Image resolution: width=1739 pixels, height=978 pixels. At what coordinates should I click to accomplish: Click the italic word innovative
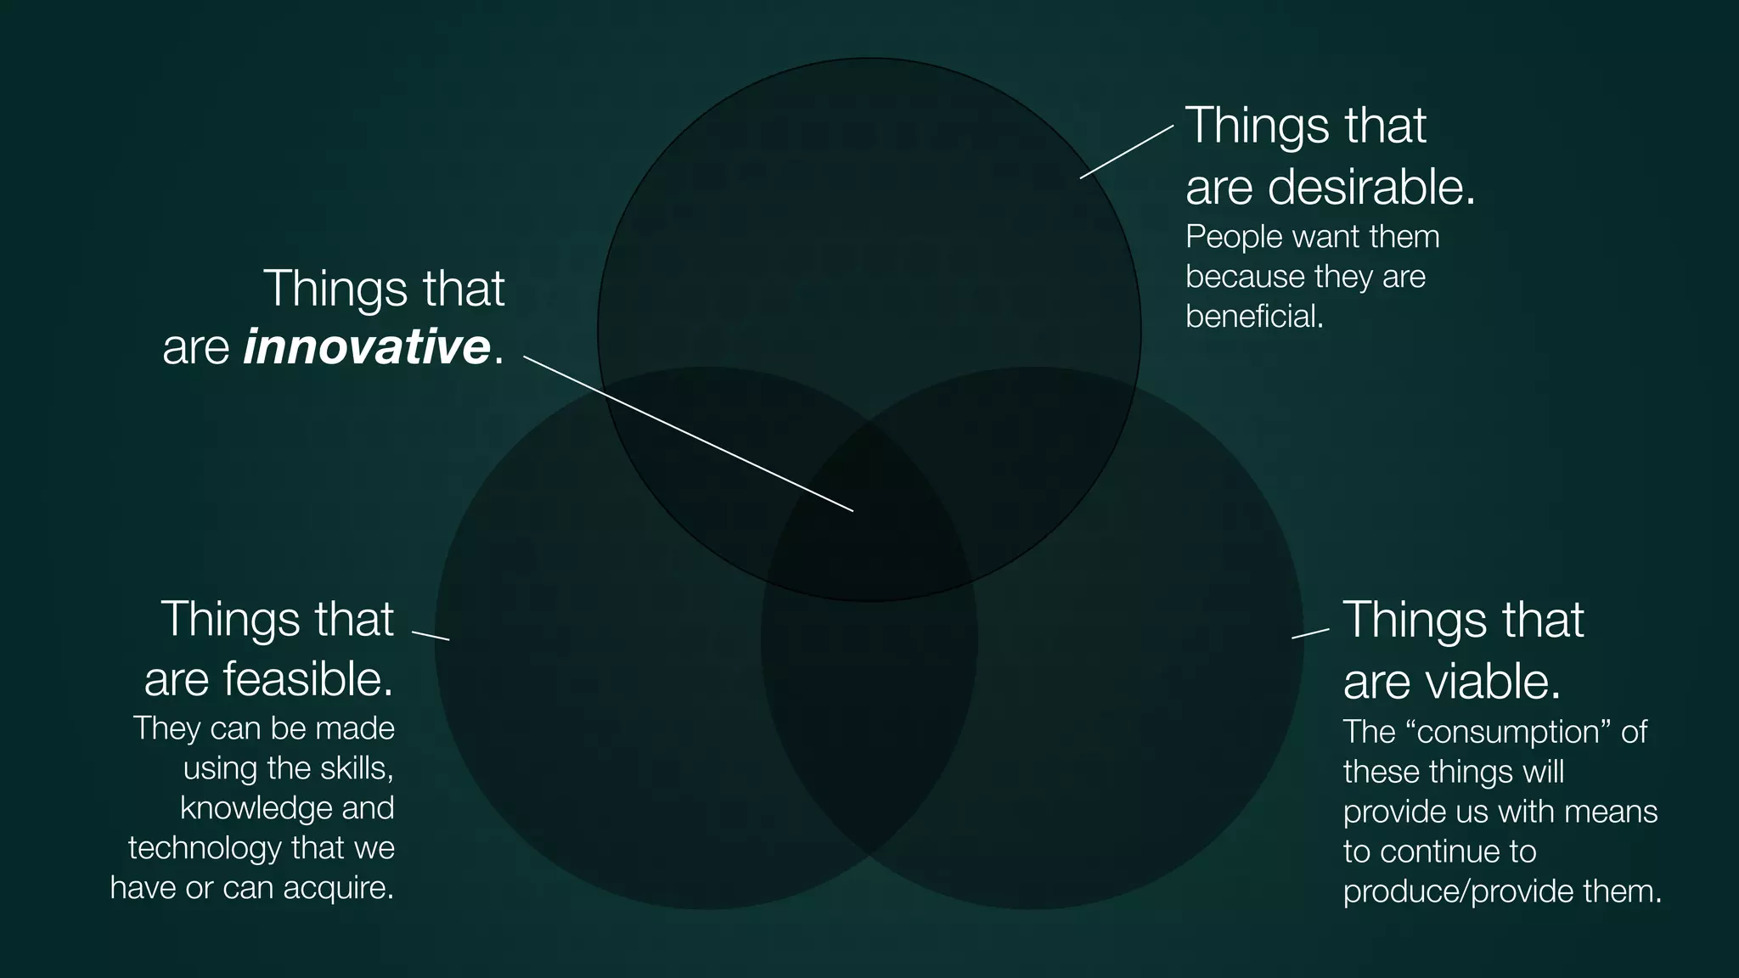tap(367, 347)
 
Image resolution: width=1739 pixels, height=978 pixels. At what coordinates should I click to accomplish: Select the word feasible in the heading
tap(307, 679)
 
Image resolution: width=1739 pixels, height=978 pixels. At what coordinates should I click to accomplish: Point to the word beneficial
tap(1253, 317)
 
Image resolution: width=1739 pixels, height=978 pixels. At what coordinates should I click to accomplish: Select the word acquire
tap(338, 888)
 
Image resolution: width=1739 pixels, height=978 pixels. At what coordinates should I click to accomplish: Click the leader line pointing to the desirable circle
tap(1127, 152)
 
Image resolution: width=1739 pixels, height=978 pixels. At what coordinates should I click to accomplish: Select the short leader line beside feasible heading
tap(431, 636)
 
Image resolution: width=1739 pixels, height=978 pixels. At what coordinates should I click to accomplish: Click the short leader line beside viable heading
tap(1310, 633)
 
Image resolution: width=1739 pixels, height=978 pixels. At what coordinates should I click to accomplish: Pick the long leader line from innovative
tap(688, 434)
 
